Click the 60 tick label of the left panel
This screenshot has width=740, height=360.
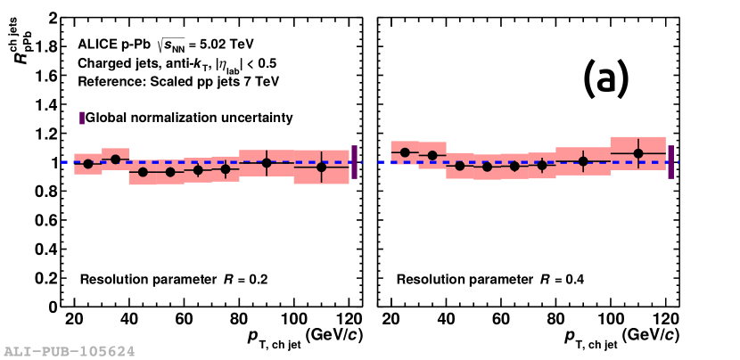coord(185,320)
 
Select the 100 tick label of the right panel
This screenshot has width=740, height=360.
coord(611,320)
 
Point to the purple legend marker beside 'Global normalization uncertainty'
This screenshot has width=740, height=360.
coord(81,118)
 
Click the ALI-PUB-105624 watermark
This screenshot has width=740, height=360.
coord(69,351)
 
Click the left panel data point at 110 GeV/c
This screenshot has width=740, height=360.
coord(322,167)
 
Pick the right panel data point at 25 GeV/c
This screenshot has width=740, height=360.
coord(406,152)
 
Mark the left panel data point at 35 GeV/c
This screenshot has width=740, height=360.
coord(115,160)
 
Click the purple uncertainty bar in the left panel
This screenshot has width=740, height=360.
coord(354,162)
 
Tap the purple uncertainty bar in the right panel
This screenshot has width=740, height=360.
coord(670,162)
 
